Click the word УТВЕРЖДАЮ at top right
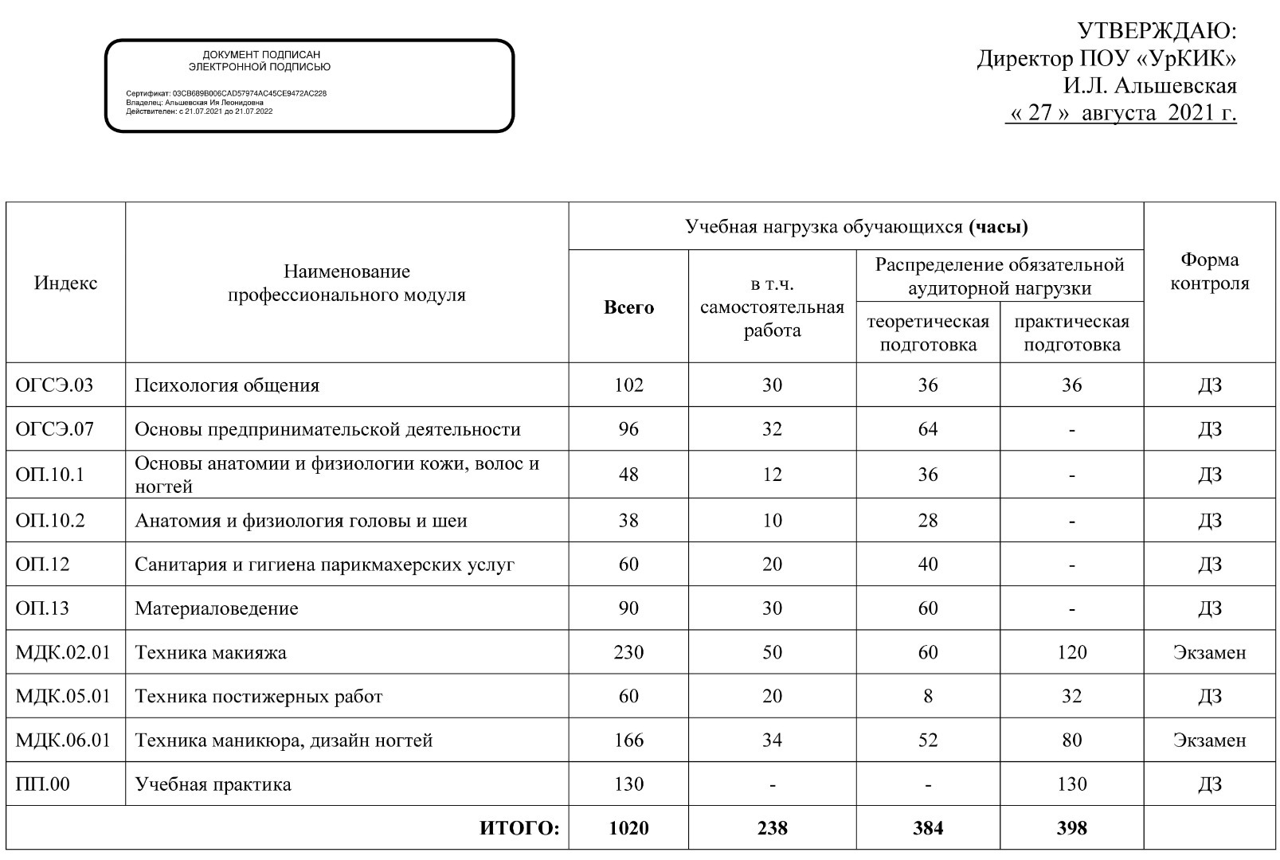pyautogui.click(x=1156, y=31)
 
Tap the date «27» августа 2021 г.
pyautogui.click(x=1121, y=112)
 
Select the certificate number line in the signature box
pyautogui.click(x=226, y=93)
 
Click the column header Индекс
pyautogui.click(x=65, y=283)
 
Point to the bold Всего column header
pyautogui.click(x=628, y=307)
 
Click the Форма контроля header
pyautogui.click(x=1209, y=272)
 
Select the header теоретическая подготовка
pyautogui.click(x=928, y=333)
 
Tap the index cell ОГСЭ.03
pyautogui.click(x=54, y=385)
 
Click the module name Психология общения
pyautogui.click(x=227, y=385)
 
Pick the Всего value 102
pyautogui.click(x=628, y=385)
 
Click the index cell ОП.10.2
pyautogui.click(x=50, y=521)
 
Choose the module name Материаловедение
pyautogui.click(x=217, y=608)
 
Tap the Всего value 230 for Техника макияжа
pyautogui.click(x=628, y=652)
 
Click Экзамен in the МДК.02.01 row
pyautogui.click(x=1209, y=652)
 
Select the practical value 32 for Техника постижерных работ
pyautogui.click(x=1071, y=696)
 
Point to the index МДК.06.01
pyautogui.click(x=63, y=741)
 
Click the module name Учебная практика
pyautogui.click(x=213, y=784)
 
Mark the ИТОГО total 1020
pyautogui.click(x=628, y=828)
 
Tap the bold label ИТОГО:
pyautogui.click(x=519, y=828)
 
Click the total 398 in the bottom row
pyautogui.click(x=1071, y=828)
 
